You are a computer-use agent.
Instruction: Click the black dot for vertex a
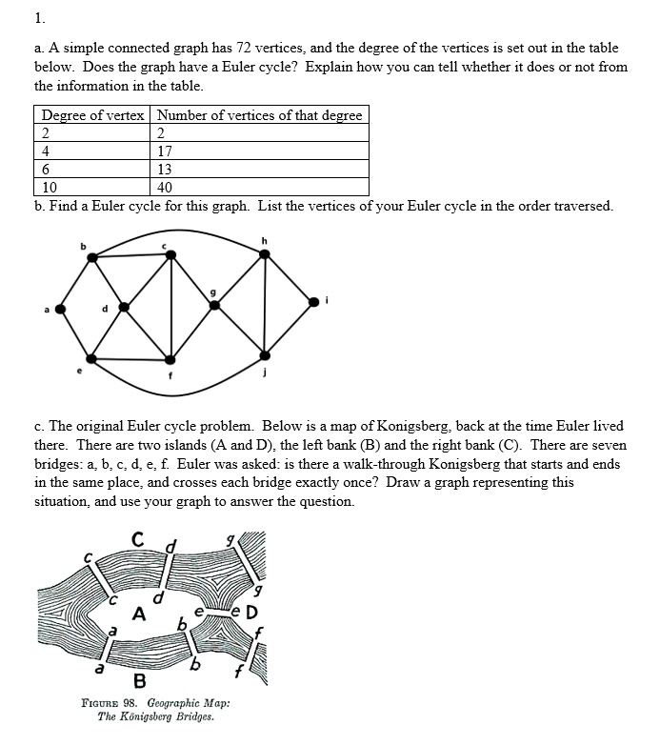[x=60, y=309]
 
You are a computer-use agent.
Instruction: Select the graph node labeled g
[x=214, y=305]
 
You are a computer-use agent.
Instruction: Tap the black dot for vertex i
[x=315, y=301]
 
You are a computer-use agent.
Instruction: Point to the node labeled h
[x=265, y=253]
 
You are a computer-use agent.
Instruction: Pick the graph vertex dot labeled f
[x=170, y=360]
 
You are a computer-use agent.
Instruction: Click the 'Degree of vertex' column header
[x=93, y=115]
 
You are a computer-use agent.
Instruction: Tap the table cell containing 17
[x=166, y=151]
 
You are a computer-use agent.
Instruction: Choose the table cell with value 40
[x=166, y=187]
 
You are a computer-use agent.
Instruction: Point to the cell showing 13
[x=166, y=169]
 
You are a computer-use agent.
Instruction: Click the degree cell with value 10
[x=50, y=187]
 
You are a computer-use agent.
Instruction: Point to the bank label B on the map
[x=139, y=681]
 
